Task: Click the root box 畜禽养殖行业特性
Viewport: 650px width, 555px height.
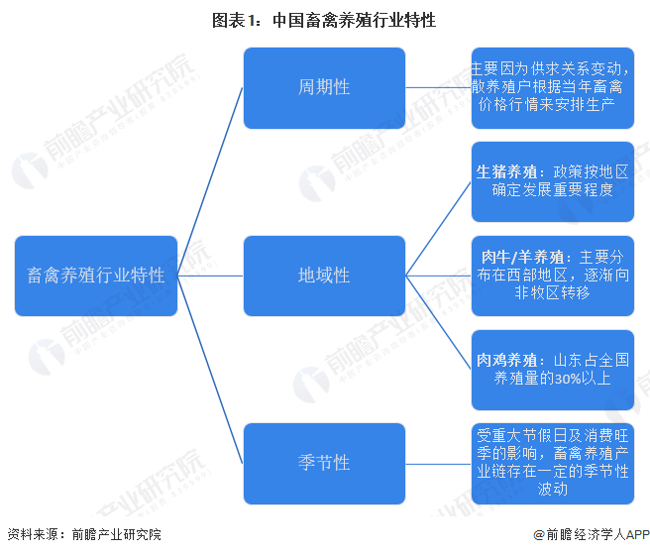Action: point(96,276)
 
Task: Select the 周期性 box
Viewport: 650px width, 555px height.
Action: point(324,87)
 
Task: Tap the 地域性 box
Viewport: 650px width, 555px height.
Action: point(324,276)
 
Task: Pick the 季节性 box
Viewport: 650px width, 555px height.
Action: point(324,463)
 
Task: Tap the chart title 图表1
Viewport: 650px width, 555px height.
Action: point(324,20)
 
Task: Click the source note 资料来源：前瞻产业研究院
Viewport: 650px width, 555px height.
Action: point(83,534)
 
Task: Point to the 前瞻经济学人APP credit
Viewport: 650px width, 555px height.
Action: point(589,534)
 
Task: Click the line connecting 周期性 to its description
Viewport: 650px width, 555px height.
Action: point(438,87)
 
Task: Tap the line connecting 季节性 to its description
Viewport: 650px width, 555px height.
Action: point(438,463)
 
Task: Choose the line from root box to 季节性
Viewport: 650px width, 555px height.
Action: point(210,369)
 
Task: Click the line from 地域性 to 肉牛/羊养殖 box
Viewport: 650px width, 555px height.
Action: point(438,276)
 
